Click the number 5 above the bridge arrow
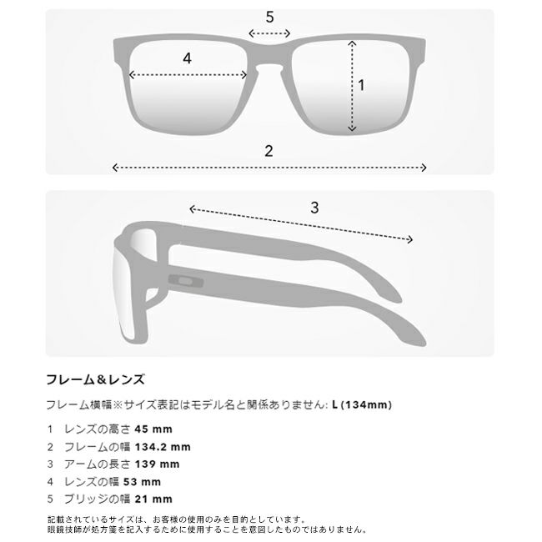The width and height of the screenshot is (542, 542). tap(269, 17)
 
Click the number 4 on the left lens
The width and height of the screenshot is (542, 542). tap(187, 58)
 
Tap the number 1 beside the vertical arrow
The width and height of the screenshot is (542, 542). tap(362, 85)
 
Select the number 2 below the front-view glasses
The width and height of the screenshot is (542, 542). tap(268, 151)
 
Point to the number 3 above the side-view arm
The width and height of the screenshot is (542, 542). tap(314, 208)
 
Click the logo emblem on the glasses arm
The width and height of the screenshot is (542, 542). tap(186, 281)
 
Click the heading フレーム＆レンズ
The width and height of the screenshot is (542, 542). tap(95, 379)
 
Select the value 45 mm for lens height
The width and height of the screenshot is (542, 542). tap(153, 429)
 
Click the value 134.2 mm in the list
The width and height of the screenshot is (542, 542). tap(163, 447)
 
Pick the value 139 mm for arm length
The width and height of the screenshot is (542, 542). tap(157, 464)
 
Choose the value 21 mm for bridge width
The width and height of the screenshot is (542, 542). tap(153, 499)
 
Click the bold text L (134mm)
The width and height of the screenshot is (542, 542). tap(362, 404)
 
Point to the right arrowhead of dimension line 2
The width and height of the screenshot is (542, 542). tap(424, 168)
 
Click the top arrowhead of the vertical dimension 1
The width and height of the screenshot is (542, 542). tap(352, 43)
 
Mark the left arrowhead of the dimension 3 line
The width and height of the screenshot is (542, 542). tap(192, 209)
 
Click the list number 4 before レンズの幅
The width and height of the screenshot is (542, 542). tap(51, 482)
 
